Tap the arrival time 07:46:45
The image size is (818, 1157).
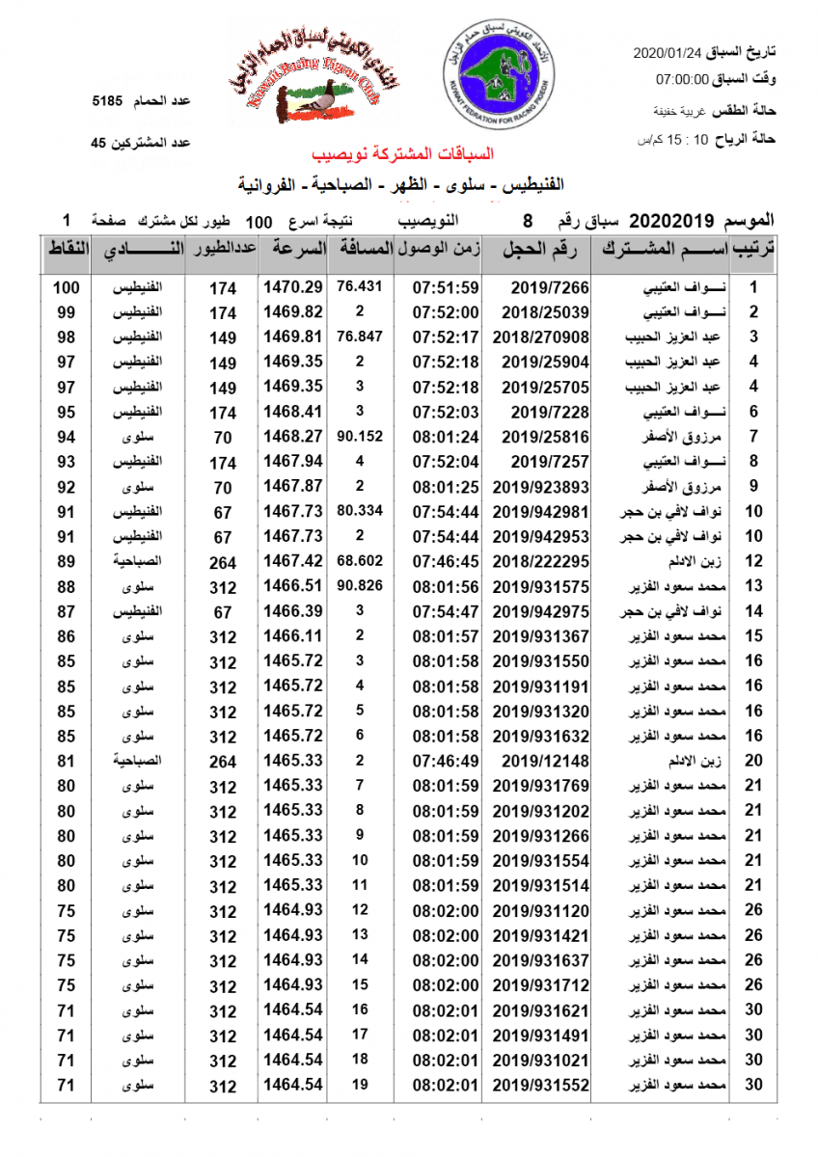point(446,561)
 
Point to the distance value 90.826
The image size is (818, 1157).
point(360,586)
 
